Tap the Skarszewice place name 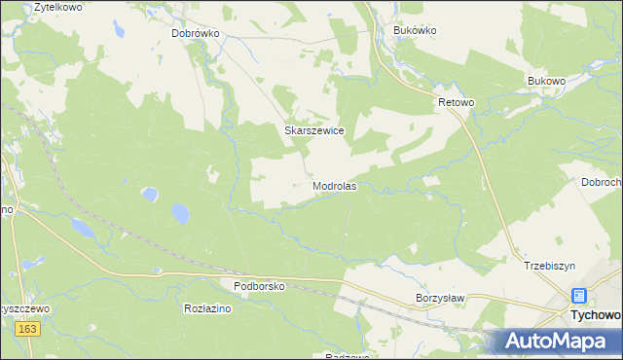313,129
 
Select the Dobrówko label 197,32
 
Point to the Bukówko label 415,30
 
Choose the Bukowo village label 546,80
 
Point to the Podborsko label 259,286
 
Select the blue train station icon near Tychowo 579,296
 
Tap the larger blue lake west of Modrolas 180,212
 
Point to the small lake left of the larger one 149,194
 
